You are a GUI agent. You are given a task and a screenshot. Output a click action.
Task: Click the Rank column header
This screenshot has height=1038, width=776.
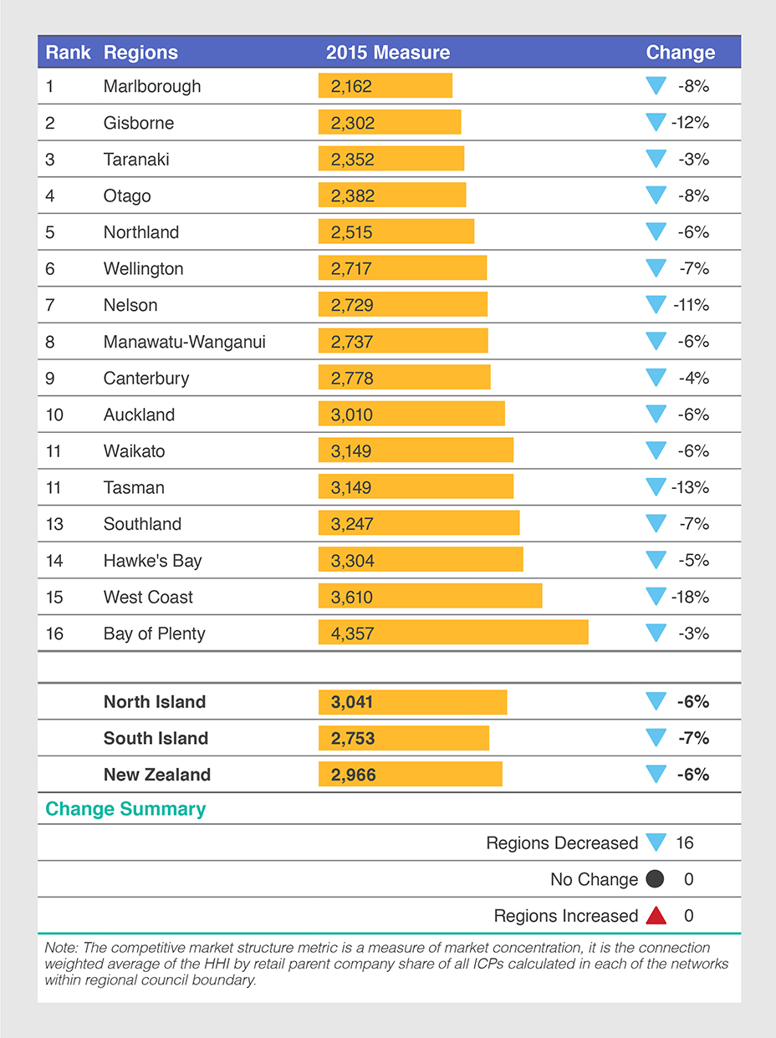68,53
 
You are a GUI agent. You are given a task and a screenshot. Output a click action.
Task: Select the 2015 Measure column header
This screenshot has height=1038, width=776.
388,53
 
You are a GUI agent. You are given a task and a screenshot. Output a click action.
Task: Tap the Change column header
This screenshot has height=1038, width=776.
680,53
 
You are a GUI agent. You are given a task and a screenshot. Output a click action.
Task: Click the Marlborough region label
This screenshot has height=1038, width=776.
152,86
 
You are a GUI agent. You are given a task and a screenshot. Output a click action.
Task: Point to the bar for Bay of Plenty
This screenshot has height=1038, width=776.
453,633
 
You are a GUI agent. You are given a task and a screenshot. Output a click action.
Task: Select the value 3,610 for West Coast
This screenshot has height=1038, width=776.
352,597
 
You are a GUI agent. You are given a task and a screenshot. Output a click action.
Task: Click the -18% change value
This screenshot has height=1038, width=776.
690,597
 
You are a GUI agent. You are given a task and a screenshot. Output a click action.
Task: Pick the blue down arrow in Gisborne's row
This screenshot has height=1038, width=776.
656,123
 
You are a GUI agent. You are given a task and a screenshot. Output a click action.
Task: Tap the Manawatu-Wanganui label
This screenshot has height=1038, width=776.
184,341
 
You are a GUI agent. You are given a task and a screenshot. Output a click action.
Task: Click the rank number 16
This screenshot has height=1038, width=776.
54,633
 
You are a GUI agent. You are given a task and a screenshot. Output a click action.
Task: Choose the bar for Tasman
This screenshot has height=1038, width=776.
416,487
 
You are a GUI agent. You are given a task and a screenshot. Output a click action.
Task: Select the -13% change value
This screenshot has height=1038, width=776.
690,487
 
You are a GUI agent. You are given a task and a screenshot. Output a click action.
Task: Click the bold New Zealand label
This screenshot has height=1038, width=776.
157,775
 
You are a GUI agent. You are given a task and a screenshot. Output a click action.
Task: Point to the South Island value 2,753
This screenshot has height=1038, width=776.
353,738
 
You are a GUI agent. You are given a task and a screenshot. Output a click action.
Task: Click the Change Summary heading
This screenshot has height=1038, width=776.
125,809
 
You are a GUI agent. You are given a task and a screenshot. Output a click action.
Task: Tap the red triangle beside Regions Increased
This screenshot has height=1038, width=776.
656,916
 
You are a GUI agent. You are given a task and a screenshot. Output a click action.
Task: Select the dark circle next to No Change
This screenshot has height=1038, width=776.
656,879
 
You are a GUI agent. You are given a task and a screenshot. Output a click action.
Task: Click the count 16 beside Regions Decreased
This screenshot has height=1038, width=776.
685,843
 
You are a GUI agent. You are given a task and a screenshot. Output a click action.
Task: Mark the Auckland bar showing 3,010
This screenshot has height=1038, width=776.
411,415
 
